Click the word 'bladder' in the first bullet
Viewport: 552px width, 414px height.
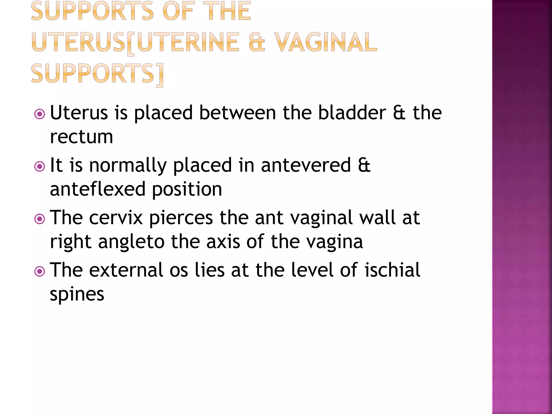point(352,113)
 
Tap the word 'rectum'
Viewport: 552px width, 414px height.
point(81,137)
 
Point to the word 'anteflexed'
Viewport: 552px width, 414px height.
point(98,189)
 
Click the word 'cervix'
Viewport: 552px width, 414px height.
point(116,218)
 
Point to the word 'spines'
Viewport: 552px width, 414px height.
point(77,295)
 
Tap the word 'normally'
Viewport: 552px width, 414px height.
point(128,165)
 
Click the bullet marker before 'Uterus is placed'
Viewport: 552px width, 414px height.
point(40,114)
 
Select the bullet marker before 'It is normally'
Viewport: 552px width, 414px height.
point(40,167)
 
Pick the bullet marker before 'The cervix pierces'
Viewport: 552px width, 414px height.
point(40,219)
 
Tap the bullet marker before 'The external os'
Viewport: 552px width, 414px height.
point(40,271)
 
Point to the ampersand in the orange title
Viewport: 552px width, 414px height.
point(257,42)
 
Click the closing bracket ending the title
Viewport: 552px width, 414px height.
point(160,75)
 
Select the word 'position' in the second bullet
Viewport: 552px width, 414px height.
point(187,189)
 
